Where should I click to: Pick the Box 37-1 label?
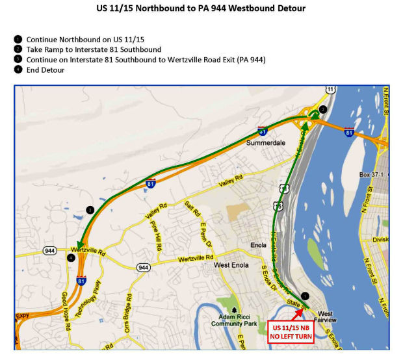pyautogui.click(x=372, y=175)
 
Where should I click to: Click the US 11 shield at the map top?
pyautogui.click(x=331, y=89)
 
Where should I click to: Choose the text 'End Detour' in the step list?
pyautogui.click(x=45, y=70)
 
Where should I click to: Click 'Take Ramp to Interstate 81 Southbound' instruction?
pyautogui.click(x=94, y=49)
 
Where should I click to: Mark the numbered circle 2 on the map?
pyautogui.click(x=323, y=110)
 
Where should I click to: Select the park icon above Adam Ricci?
pyautogui.click(x=235, y=310)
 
